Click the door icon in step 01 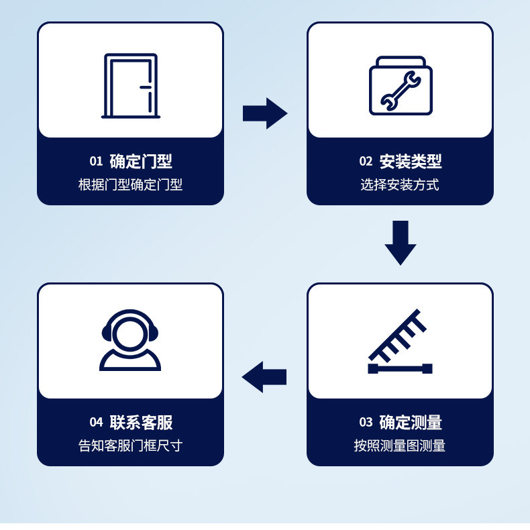point(131,86)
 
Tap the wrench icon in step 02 point(401,91)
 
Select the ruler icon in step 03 point(400,341)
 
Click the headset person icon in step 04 point(130,340)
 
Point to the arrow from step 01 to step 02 point(264,113)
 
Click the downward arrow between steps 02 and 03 point(401,242)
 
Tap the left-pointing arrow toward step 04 point(264,376)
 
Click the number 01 point(96,161)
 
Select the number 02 point(366,161)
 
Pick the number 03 point(366,423)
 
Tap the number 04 point(96,423)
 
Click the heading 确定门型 point(141,161)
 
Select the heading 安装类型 point(411,161)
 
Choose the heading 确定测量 point(411,423)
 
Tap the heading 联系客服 point(141,423)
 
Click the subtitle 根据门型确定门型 point(130,185)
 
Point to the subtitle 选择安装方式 point(400,185)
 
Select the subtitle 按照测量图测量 point(400,446)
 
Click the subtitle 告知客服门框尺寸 point(130,446)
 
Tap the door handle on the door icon point(144,87)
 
